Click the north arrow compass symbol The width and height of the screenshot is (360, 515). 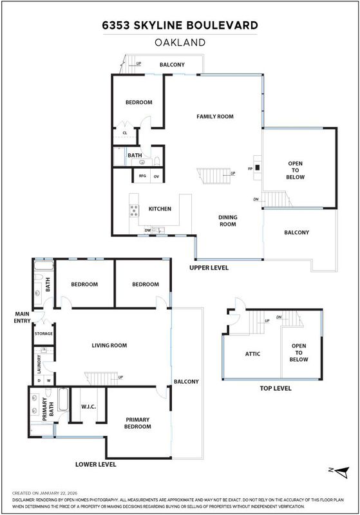click(x=340, y=473)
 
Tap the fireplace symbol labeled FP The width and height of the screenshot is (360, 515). click(x=258, y=167)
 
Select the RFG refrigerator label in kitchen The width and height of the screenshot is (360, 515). click(x=142, y=176)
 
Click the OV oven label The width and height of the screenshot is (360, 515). click(x=156, y=176)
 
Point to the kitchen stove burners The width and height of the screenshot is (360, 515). click(x=134, y=211)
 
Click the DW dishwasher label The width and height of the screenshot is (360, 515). click(x=148, y=230)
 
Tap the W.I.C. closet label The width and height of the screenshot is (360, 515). click(x=89, y=407)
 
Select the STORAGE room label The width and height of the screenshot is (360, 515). click(x=44, y=333)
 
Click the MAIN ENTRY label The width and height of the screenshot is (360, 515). click(x=22, y=317)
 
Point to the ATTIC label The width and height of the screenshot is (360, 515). click(x=252, y=353)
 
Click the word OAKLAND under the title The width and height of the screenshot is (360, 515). click(x=180, y=42)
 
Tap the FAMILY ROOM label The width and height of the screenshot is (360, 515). click(x=215, y=117)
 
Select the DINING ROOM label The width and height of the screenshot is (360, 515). click(x=227, y=221)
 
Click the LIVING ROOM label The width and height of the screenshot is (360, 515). click(x=109, y=345)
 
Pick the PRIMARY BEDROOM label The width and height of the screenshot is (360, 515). click(x=138, y=423)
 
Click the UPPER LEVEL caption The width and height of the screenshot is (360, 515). click(x=209, y=268)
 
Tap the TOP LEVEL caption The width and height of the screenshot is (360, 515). click(x=276, y=388)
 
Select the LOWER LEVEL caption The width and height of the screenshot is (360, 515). click(x=95, y=464)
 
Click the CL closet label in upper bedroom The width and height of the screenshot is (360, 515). click(x=125, y=133)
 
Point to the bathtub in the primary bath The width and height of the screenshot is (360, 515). click(x=63, y=399)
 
